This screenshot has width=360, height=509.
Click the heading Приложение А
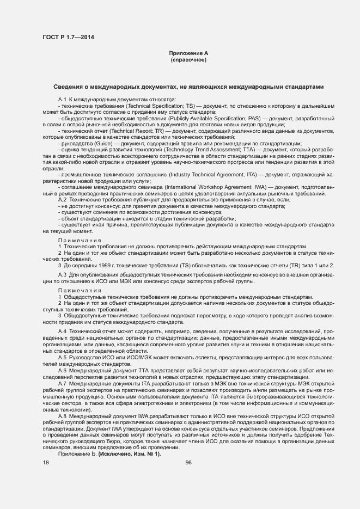click(x=188, y=53)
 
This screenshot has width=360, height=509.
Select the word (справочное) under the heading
click(x=188, y=60)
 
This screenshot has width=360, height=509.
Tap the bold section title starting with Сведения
click(x=188, y=87)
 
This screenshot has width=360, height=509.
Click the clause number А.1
click(x=62, y=100)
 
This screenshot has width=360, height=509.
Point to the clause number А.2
click(x=62, y=200)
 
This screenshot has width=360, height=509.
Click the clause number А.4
click(x=62, y=331)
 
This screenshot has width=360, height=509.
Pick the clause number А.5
click(x=62, y=357)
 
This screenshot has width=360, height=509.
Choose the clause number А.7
click(x=62, y=383)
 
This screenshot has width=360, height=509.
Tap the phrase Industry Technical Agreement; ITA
click(x=210, y=174)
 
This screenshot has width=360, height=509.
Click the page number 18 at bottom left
click(x=46, y=462)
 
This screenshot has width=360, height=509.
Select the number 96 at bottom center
click(x=188, y=462)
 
